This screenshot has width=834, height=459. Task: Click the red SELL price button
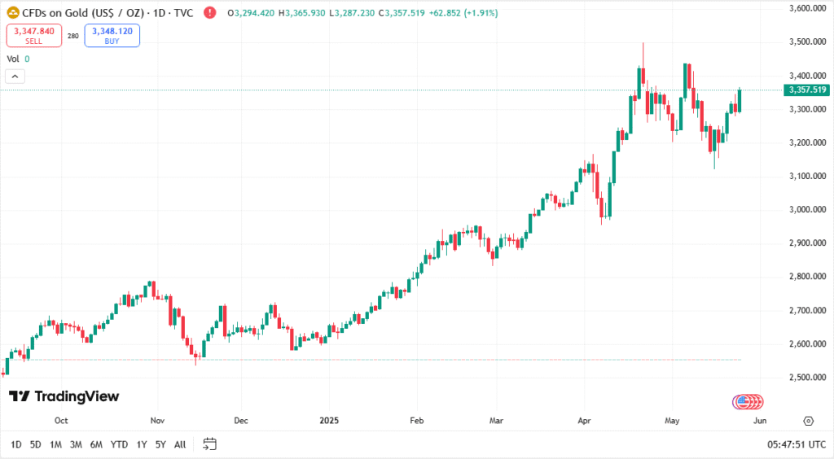coord(34,35)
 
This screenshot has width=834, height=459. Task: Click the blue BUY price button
coord(112,35)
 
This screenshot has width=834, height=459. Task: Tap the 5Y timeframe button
coord(161,444)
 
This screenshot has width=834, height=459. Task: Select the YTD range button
coord(119,444)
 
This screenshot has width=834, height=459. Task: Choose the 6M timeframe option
coord(96,444)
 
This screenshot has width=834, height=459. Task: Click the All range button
coord(180,444)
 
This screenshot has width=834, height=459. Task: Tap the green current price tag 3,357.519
coord(805,90)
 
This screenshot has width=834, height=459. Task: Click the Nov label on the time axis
coord(158,421)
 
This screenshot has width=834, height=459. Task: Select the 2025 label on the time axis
coord(329,421)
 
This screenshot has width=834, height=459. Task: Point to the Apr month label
coord(584,421)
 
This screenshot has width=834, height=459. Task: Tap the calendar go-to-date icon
coord(209,444)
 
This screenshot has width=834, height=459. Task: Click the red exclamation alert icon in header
coord(210,13)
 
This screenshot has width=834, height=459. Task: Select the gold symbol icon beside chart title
coord(13,13)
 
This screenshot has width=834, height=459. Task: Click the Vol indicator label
coord(13,59)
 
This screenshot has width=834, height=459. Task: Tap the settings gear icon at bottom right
coord(808,421)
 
